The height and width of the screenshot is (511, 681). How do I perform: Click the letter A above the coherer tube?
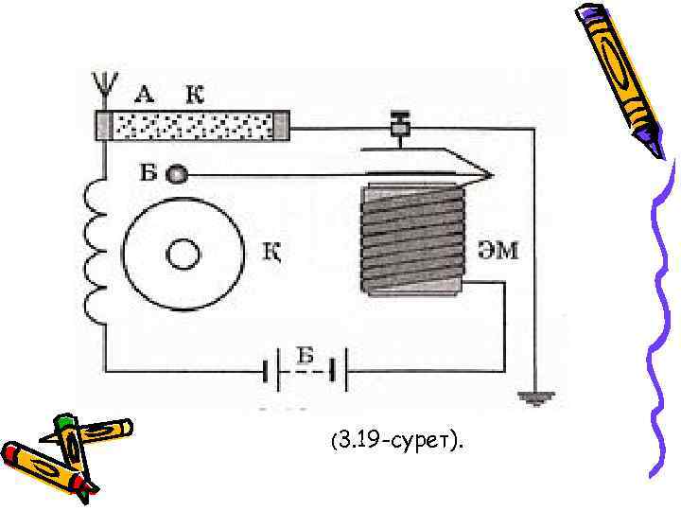click(x=145, y=93)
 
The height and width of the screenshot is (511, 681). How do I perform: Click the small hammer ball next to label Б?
click(x=176, y=174)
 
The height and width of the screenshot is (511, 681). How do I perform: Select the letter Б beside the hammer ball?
click(x=148, y=173)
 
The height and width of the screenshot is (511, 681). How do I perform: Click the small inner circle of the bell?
click(x=183, y=254)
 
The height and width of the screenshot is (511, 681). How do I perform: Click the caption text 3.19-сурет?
click(x=397, y=440)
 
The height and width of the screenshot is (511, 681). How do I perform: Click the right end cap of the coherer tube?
click(x=280, y=125)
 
